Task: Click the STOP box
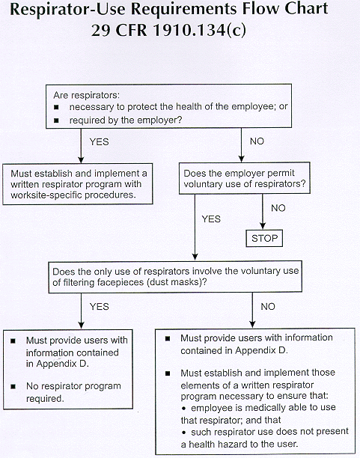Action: tap(264, 238)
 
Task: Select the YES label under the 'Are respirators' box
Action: tap(99, 141)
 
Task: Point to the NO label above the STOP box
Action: tap(278, 208)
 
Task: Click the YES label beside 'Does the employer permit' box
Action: tap(211, 219)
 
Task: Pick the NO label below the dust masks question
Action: tap(268, 306)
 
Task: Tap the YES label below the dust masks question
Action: tap(99, 306)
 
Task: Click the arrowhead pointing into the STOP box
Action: tap(263, 226)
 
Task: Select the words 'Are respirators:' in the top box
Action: tap(87, 95)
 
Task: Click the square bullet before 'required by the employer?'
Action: tap(56, 120)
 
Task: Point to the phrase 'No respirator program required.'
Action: tap(73, 392)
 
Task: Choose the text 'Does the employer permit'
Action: tap(239, 173)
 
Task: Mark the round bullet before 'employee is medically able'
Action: tap(184, 408)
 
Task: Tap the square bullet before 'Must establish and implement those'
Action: tap(168, 373)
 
